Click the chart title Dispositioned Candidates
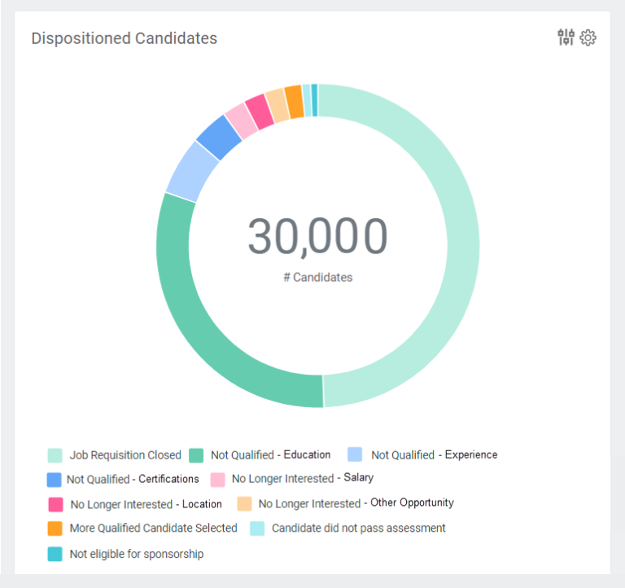124,38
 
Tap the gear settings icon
588,37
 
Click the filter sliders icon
566,37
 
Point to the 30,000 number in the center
317,236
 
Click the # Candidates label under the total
317,278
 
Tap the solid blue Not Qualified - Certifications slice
219,138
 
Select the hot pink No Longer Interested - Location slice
260,112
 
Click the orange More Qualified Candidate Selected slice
294,102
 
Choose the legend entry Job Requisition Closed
125,455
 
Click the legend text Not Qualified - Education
270,455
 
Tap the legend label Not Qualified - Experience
434,455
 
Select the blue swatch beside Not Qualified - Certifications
55,480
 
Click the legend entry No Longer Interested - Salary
302,479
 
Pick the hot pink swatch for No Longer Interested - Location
55,504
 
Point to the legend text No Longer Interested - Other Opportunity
356,503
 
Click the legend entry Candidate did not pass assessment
358,529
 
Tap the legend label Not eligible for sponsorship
136,555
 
